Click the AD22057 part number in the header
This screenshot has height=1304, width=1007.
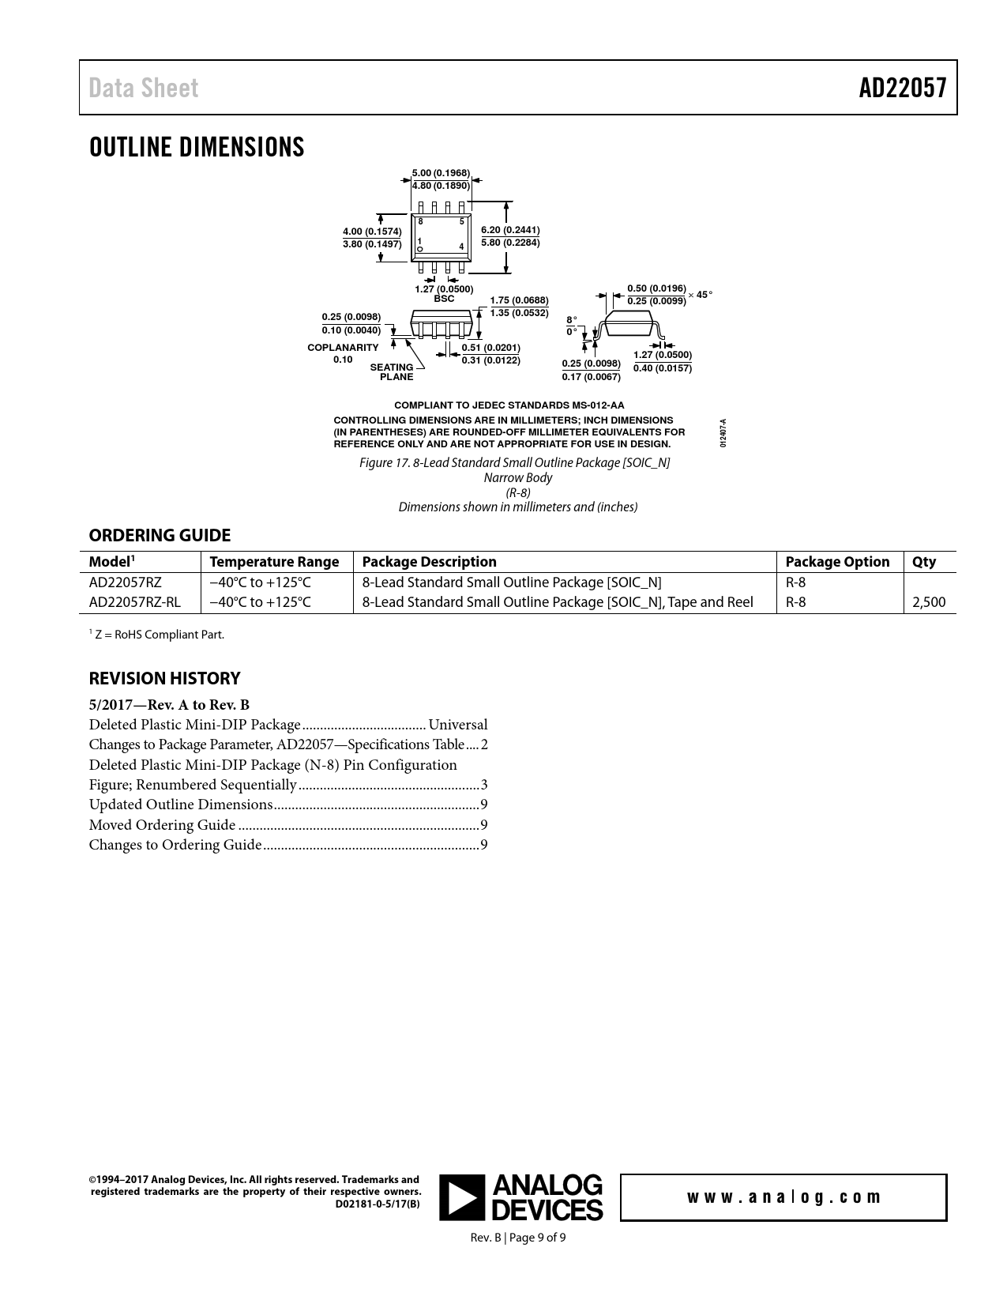click(902, 88)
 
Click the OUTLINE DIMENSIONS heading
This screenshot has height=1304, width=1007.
click(197, 148)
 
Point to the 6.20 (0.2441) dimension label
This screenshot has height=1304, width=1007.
click(510, 230)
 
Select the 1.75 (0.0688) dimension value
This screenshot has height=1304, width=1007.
click(519, 300)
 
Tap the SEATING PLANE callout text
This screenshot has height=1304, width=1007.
click(393, 372)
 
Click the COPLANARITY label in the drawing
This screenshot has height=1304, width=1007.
click(343, 348)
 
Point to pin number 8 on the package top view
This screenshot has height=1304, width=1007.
click(421, 222)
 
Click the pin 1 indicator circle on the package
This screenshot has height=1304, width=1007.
click(421, 250)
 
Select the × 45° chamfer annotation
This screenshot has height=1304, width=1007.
click(701, 295)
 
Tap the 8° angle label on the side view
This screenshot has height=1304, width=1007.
click(572, 319)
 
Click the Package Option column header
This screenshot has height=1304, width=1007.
click(837, 562)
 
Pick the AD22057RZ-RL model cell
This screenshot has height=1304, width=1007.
click(134, 602)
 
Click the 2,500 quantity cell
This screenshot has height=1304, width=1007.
click(929, 602)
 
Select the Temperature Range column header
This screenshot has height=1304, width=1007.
click(274, 562)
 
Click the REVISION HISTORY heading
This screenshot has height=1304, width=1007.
click(164, 678)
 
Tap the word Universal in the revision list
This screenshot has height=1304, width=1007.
click(458, 725)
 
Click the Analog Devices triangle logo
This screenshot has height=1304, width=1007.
click(462, 1197)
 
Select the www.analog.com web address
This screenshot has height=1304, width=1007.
click(783, 1197)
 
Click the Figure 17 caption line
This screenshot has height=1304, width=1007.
click(514, 462)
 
